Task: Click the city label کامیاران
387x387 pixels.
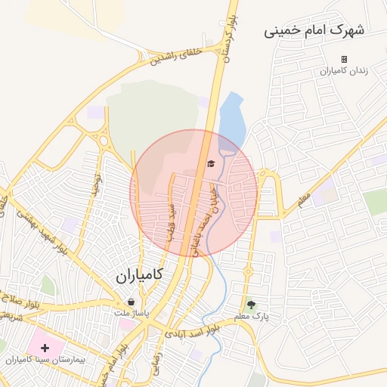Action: [140, 277]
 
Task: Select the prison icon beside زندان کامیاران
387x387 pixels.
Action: [344, 59]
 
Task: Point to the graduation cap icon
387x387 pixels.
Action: [211, 163]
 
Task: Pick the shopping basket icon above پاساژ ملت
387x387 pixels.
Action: [132, 302]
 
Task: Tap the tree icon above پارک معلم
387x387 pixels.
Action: [250, 305]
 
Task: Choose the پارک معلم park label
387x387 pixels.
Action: [251, 316]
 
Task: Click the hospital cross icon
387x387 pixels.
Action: [45, 348]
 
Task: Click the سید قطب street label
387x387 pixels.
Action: [172, 218]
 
